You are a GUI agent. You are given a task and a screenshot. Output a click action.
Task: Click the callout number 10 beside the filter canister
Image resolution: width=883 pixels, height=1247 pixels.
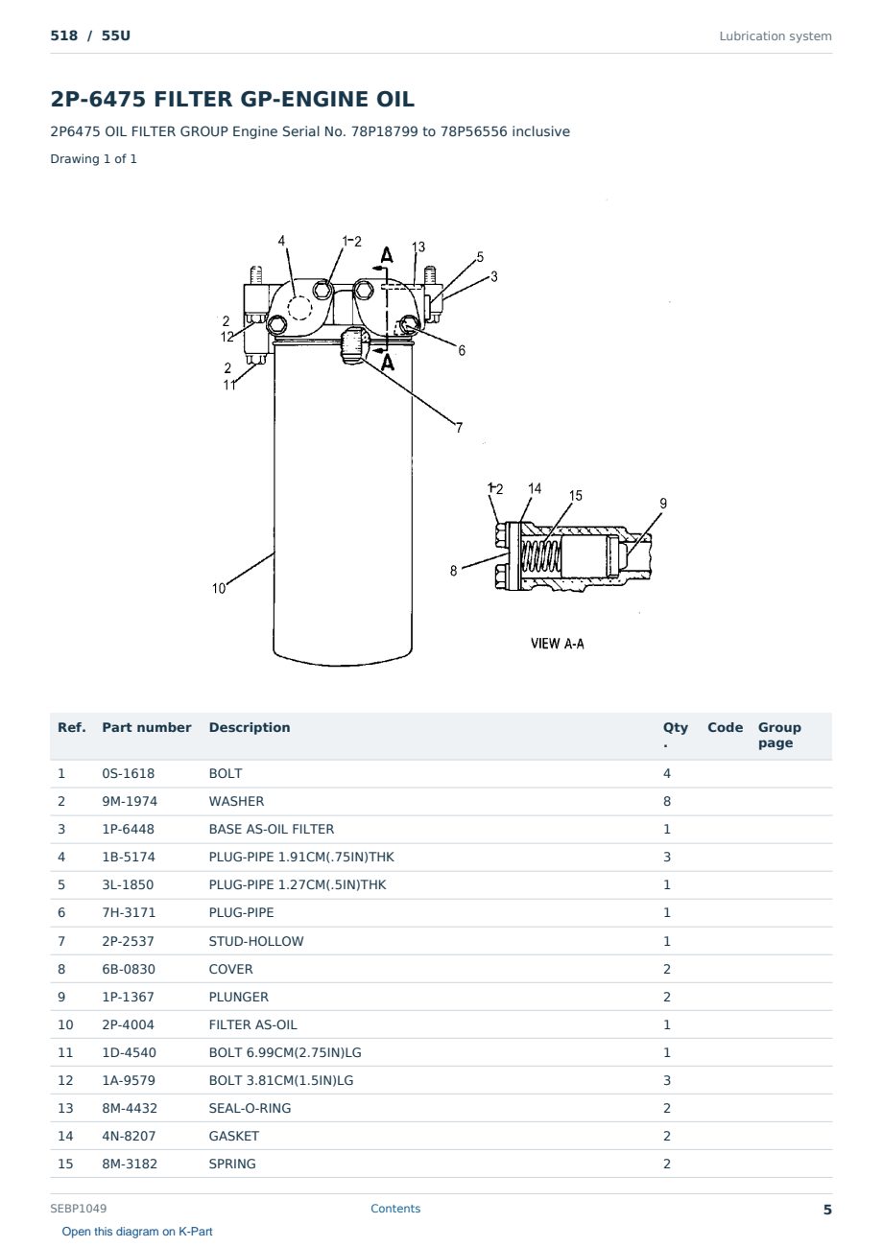click(219, 588)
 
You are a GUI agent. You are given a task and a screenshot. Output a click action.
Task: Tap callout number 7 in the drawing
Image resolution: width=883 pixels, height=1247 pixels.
click(459, 428)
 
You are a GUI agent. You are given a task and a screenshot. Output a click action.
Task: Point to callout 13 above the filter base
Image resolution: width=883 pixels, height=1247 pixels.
click(418, 247)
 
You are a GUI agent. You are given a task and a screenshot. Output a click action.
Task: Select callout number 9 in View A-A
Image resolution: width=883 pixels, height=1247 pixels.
click(663, 504)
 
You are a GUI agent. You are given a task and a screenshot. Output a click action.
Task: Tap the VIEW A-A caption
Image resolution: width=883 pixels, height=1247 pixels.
click(557, 644)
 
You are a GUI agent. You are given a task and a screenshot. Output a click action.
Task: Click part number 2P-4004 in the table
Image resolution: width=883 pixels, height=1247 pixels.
click(129, 1024)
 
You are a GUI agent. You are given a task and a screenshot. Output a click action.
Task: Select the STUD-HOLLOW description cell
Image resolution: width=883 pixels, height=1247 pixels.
click(256, 941)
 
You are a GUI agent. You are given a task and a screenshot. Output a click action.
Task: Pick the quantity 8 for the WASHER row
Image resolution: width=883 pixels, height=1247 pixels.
click(667, 801)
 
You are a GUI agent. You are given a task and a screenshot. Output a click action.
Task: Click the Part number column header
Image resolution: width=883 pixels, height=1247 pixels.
click(147, 727)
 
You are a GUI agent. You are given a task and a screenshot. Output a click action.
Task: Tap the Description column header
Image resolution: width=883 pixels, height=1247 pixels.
click(250, 727)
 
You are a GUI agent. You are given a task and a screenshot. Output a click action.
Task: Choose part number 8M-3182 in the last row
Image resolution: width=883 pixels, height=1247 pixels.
click(130, 1164)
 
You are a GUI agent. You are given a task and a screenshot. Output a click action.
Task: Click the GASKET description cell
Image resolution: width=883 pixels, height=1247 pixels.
click(234, 1136)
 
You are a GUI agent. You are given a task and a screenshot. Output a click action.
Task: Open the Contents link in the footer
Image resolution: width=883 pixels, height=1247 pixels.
click(395, 1208)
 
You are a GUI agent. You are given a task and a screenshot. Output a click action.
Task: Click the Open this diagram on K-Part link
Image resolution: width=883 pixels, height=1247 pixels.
click(137, 1232)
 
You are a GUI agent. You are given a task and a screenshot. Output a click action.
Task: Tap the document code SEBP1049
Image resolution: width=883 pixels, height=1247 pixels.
click(79, 1208)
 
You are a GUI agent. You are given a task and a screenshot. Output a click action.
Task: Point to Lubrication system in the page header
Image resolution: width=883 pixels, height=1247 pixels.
click(776, 36)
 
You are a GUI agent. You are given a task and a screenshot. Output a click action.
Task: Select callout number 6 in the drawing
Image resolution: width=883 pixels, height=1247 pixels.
click(462, 351)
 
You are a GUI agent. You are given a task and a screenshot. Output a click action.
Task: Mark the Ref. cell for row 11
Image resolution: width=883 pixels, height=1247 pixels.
click(65, 1052)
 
